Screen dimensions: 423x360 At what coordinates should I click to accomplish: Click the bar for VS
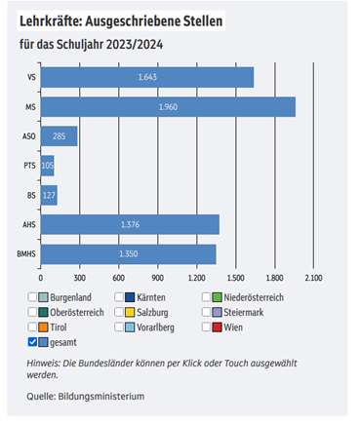click(146, 77)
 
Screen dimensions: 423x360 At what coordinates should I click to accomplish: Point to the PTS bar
click(47, 166)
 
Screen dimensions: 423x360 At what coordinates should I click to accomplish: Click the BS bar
click(49, 195)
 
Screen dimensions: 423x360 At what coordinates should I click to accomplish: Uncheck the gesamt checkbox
click(34, 342)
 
